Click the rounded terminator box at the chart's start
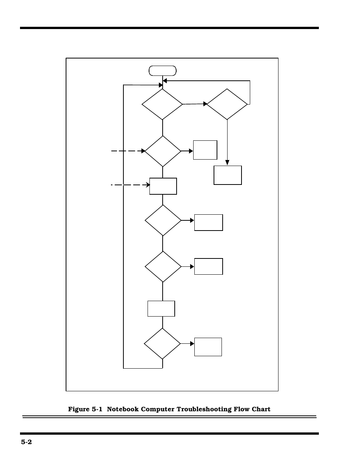[x=163, y=71]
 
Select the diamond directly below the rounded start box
[x=162, y=104]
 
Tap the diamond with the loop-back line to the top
[x=227, y=104]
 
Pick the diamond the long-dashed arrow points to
[x=163, y=151]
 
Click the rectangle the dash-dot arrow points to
[x=163, y=186]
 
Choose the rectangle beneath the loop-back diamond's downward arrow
[x=228, y=175]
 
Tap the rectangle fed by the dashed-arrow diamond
[x=205, y=150]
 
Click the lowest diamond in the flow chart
[x=162, y=344]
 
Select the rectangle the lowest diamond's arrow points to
[x=208, y=347]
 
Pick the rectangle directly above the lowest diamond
[x=161, y=309]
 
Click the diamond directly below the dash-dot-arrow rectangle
[x=163, y=220]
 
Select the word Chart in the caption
[x=261, y=409]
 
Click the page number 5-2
[x=26, y=442]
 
